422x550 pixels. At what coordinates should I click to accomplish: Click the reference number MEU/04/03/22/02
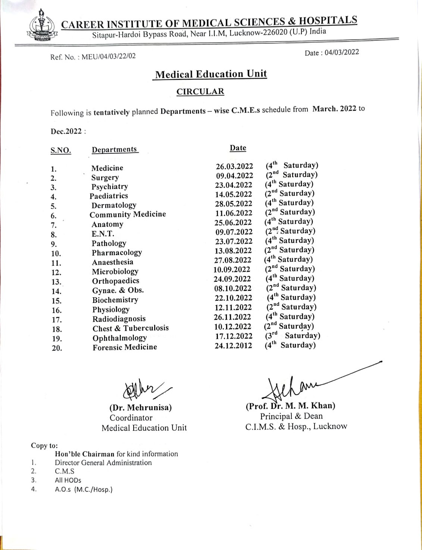(x=109, y=56)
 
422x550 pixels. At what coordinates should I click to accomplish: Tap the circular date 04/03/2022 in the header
(x=341, y=52)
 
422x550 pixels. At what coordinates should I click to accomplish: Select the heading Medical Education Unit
(x=211, y=74)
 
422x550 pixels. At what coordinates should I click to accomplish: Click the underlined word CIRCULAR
(x=200, y=91)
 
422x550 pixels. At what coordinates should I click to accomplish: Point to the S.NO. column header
(x=60, y=150)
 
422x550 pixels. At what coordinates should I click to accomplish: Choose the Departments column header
(x=115, y=149)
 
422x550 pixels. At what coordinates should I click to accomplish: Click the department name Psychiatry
(x=110, y=187)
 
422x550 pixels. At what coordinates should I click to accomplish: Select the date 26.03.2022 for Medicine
(x=234, y=166)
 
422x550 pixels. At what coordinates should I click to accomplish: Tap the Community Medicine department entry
(x=128, y=214)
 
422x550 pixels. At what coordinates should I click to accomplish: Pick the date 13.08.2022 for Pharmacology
(x=233, y=251)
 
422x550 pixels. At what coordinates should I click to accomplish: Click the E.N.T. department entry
(x=103, y=234)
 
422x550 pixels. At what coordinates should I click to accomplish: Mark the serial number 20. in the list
(x=57, y=348)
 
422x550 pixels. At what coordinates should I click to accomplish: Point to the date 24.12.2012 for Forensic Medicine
(x=233, y=345)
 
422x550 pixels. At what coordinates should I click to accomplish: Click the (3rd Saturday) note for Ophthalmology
(x=293, y=335)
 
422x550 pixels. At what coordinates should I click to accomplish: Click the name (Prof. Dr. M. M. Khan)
(x=290, y=406)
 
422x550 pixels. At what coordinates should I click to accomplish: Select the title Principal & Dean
(x=291, y=416)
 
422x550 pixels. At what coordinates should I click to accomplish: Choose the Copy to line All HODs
(x=68, y=480)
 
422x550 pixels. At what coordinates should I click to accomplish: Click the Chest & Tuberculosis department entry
(x=131, y=328)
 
